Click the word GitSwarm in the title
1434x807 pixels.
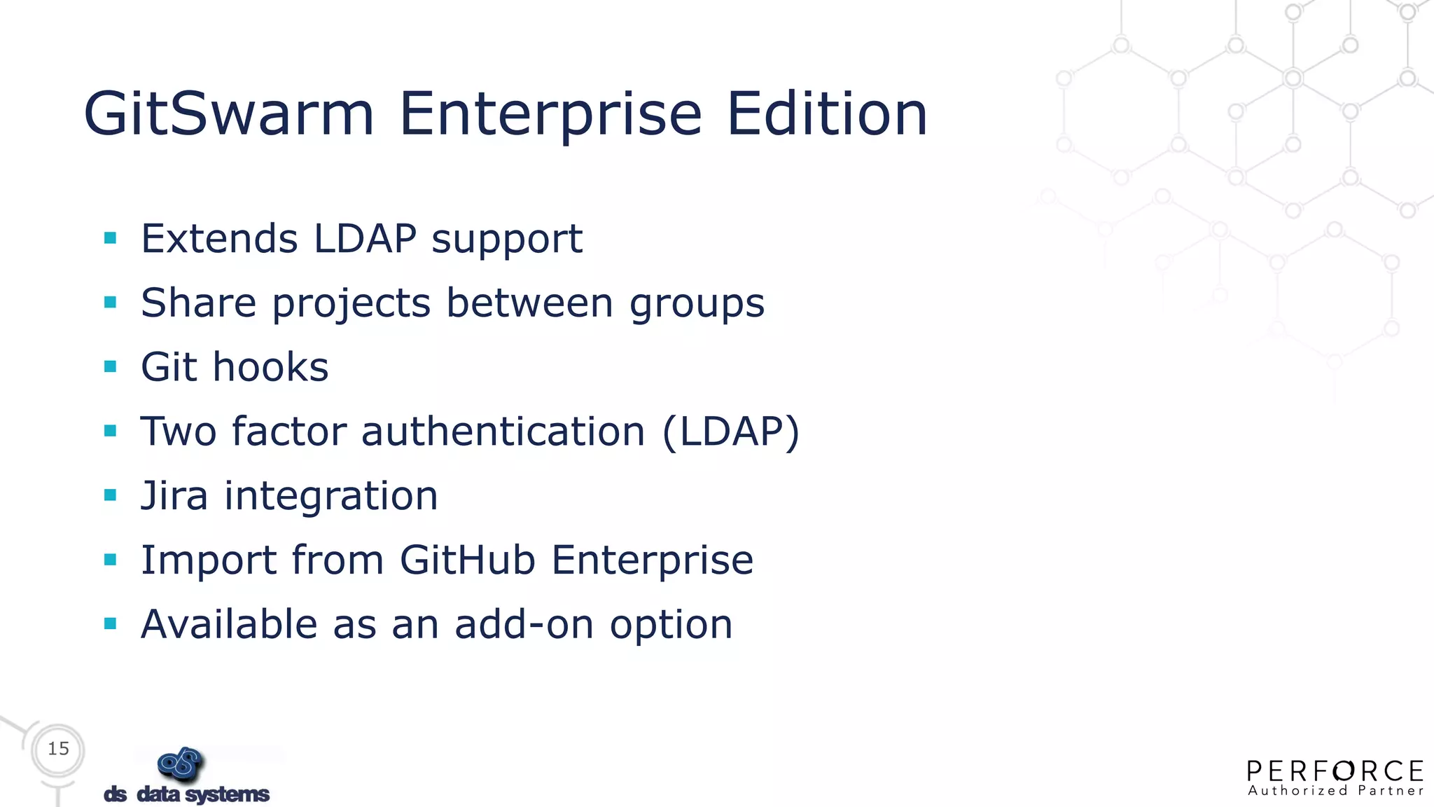[x=229, y=113]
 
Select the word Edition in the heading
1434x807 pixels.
[x=827, y=113]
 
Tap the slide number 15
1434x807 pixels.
[x=59, y=749]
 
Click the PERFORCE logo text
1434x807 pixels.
[x=1335, y=771]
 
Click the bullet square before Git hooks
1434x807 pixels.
[x=110, y=366]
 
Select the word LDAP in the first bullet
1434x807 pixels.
[x=365, y=238]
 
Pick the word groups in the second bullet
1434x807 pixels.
[x=697, y=303]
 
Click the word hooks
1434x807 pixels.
[x=270, y=367]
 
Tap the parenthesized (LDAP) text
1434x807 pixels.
[x=730, y=432]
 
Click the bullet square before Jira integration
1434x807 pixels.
[x=110, y=495]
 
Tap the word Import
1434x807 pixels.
[x=209, y=560]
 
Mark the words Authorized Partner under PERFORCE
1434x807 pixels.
[x=1335, y=791]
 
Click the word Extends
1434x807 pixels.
[x=219, y=238]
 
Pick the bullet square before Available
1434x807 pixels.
[x=110, y=623]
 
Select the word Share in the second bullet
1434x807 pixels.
[x=198, y=303]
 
